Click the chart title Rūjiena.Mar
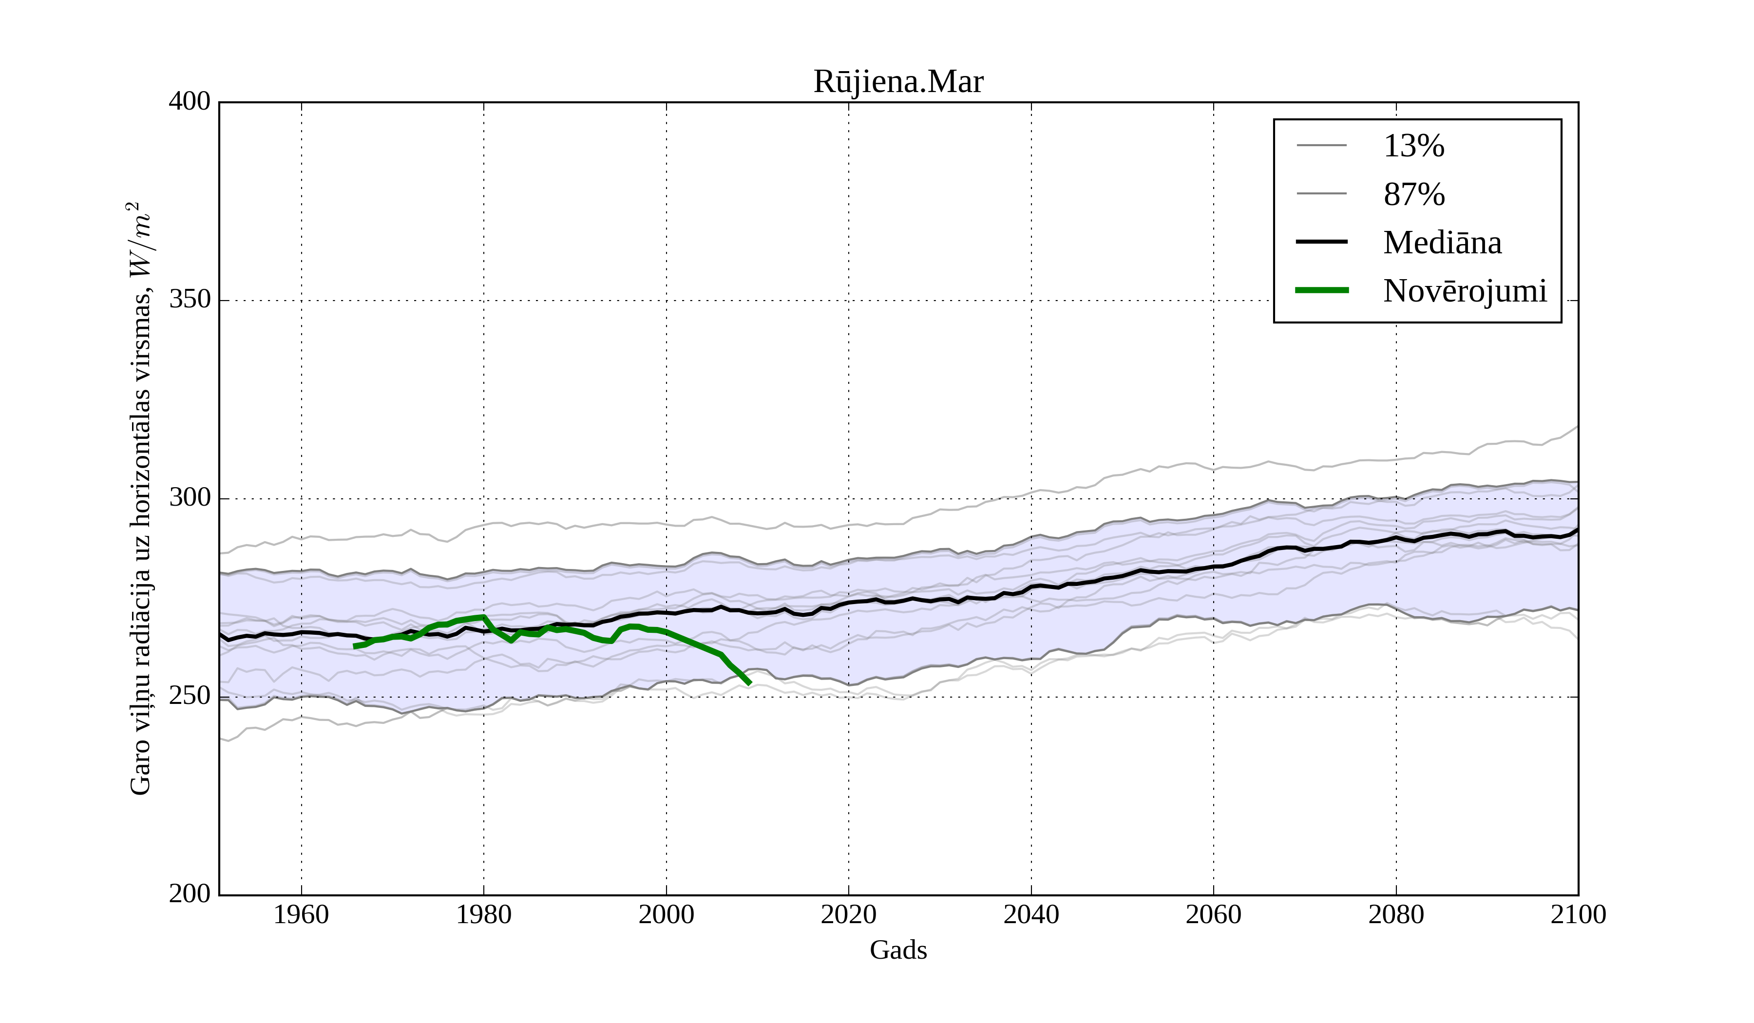[898, 82]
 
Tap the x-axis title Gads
[898, 950]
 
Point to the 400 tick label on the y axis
[190, 102]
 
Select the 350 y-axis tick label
[190, 300]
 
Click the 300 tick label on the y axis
[190, 498]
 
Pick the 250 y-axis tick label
[190, 696]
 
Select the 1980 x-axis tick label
[484, 914]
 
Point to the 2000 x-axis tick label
[666, 914]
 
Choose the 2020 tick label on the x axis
[848, 914]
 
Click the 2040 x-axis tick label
[1031, 914]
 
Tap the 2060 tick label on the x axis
[1213, 914]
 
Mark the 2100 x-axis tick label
[1578, 914]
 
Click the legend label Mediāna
[1442, 243]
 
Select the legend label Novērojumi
[1465, 291]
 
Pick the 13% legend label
[1413, 146]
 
